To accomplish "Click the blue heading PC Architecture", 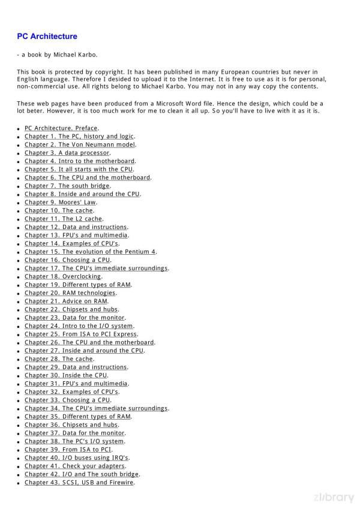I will click(47, 37).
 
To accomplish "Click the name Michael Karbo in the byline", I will click(74, 55).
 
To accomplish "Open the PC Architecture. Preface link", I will click(61, 128).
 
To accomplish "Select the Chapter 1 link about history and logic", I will click(79, 136).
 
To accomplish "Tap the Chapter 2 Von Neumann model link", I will click(80, 144).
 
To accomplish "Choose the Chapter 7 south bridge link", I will click(67, 186).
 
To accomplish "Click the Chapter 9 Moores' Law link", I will click(60, 202).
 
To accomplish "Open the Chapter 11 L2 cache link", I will click(63, 219).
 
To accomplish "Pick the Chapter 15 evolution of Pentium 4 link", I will click(90, 252).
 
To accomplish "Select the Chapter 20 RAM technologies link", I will click(70, 293).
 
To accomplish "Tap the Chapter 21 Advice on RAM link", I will click(66, 301).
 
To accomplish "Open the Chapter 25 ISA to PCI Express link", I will click(80, 334).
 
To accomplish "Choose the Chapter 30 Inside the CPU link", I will click(66, 375).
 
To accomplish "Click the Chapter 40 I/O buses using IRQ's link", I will click(77, 457).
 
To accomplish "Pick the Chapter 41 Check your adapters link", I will click(74, 466).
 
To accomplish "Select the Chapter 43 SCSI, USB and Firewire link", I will click(79, 482).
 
